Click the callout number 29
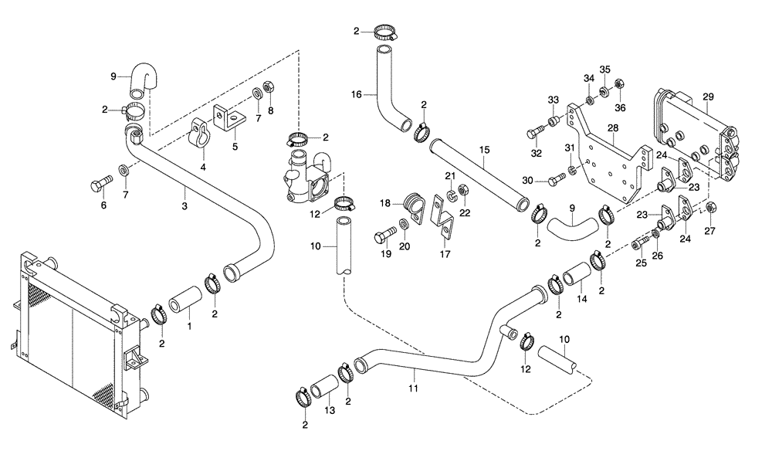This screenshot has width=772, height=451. (x=709, y=97)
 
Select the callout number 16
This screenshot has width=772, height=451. (x=357, y=94)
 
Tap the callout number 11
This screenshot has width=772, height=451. (x=413, y=388)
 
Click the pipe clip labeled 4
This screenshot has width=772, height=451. (x=201, y=134)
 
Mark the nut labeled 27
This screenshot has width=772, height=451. (x=713, y=207)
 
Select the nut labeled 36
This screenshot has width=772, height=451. (x=618, y=84)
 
